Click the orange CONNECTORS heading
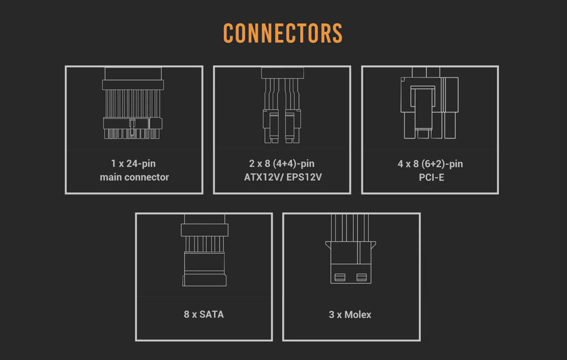[x=283, y=33]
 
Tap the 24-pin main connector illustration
[x=133, y=103]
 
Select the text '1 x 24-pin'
[x=133, y=163]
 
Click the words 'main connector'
[x=134, y=177]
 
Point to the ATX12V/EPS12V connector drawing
[x=282, y=105]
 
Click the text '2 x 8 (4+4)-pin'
[x=282, y=163]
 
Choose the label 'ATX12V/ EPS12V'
[x=283, y=177]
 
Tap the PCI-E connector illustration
[x=430, y=103]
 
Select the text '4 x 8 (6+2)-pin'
[x=430, y=164]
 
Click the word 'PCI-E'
[x=431, y=177]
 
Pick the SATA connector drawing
[x=204, y=250]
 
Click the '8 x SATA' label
[x=204, y=315]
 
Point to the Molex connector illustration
[x=350, y=249]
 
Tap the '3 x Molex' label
[x=350, y=315]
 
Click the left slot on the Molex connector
[x=340, y=277]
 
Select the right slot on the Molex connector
[x=362, y=277]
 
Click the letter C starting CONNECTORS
[x=229, y=33]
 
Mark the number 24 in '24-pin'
[x=132, y=163]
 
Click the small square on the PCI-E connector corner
[x=403, y=79]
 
